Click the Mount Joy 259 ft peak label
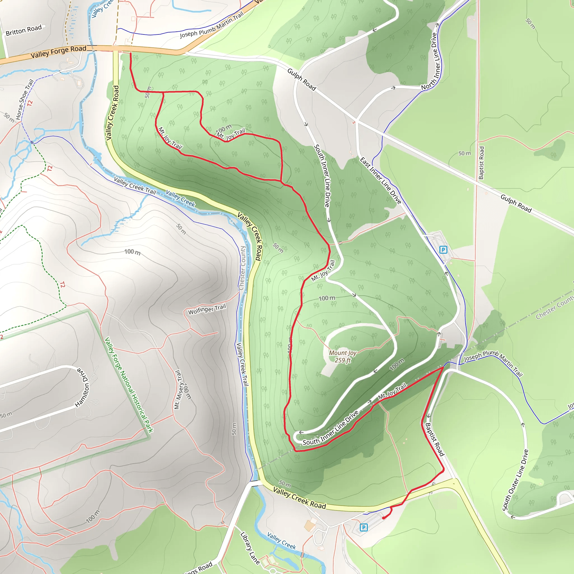(342, 357)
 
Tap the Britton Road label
(24, 30)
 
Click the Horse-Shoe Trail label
(24, 99)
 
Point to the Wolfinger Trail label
(207, 309)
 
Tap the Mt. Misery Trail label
(178, 390)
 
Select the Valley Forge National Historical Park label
(129, 385)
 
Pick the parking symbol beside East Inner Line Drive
(443, 249)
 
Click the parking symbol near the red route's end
(364, 527)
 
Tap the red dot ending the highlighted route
(384, 518)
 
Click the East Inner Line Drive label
(381, 181)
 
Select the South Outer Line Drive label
(515, 480)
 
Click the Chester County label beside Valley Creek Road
(242, 268)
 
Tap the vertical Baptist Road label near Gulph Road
(481, 163)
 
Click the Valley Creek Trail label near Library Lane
(242, 364)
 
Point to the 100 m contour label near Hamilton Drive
(93, 516)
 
